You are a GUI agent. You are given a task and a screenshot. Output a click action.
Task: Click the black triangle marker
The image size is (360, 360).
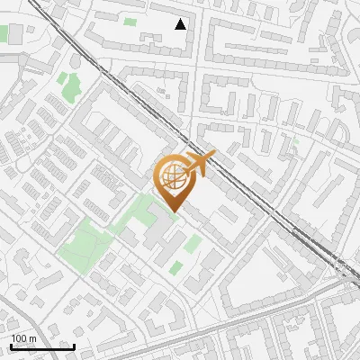click(181, 24)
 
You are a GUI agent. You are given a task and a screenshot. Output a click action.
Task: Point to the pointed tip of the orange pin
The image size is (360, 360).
click(171, 212)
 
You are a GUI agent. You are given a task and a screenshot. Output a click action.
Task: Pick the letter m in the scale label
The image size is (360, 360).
click(32, 337)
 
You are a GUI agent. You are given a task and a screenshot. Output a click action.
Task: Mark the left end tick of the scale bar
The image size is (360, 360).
click(10, 346)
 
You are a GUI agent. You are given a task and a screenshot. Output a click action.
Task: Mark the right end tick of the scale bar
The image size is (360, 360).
click(74, 346)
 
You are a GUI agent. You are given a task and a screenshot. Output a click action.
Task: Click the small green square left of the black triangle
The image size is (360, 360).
click(130, 21)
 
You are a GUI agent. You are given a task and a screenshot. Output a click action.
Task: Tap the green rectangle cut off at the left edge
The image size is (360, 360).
click(4, 34)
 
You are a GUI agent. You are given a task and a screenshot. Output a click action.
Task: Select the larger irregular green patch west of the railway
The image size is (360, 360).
click(69, 87)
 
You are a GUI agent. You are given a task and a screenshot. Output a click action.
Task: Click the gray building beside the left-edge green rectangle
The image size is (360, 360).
click(16, 34)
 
